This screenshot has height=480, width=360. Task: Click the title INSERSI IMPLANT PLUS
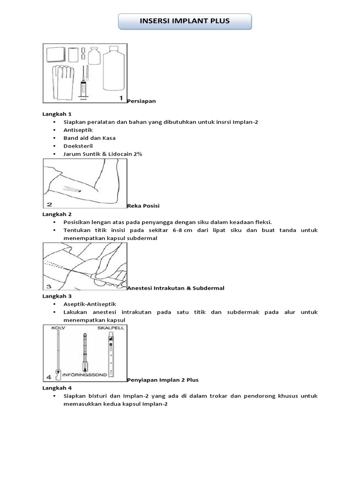(185, 21)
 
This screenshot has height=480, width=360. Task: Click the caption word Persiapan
(142, 101)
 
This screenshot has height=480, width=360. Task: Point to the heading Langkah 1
(57, 114)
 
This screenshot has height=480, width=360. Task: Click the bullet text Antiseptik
(78, 130)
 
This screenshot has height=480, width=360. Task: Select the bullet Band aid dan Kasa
(90, 138)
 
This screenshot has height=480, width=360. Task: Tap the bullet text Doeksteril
(78, 146)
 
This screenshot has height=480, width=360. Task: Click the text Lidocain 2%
(125, 154)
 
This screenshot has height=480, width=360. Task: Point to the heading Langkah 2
(57, 214)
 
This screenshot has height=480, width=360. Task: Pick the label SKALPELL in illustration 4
(112, 329)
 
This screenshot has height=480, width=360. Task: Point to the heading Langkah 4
(57, 388)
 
